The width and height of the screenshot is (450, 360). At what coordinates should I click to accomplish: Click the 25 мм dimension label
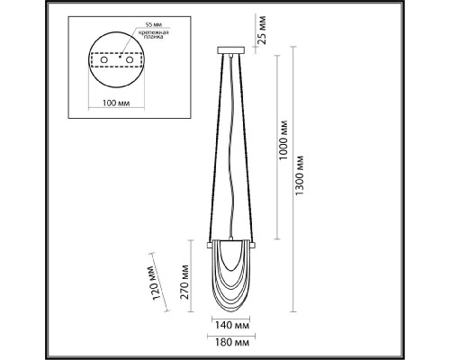tap(262, 30)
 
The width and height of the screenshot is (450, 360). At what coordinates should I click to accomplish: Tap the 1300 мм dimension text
tap(300, 175)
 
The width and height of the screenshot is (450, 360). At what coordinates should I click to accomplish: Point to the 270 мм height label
tap(185, 282)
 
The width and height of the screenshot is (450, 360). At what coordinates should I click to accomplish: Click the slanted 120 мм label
tap(157, 283)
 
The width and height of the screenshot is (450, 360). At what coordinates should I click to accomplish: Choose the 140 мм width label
tap(232, 325)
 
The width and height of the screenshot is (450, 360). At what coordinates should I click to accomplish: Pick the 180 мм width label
tap(232, 343)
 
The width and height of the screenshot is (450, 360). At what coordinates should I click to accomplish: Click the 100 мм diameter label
tap(116, 103)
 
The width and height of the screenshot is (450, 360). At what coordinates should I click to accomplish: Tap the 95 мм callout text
tap(152, 24)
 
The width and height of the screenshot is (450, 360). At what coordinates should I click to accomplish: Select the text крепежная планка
tap(151, 34)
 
